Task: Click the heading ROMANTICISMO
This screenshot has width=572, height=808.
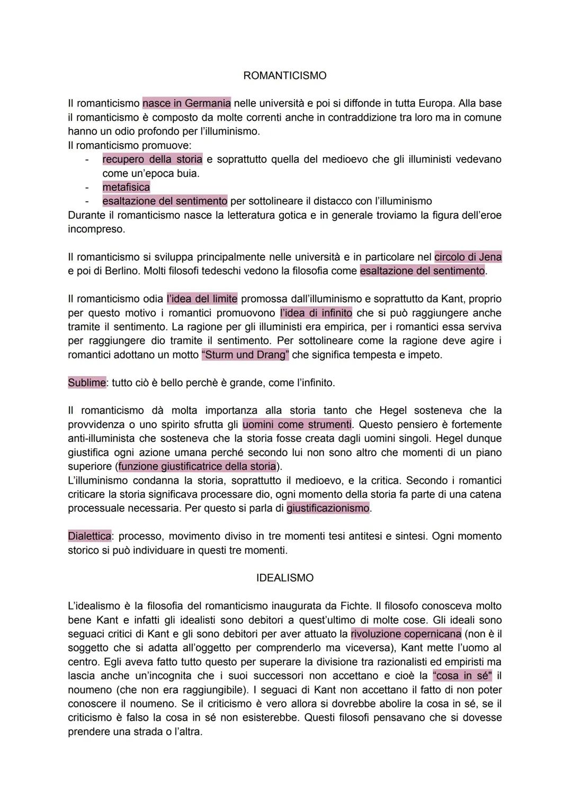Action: click(x=284, y=76)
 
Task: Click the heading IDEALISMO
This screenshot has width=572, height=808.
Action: click(x=284, y=578)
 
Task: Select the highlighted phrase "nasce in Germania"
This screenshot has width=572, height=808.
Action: click(x=186, y=103)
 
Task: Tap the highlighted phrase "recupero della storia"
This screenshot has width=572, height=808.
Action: click(x=152, y=159)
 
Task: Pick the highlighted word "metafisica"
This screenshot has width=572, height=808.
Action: click(x=126, y=187)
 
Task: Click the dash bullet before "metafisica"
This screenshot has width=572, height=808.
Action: click(x=86, y=187)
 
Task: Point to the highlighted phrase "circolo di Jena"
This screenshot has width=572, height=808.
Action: click(x=468, y=257)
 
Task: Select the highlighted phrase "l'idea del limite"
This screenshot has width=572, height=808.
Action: click(x=202, y=299)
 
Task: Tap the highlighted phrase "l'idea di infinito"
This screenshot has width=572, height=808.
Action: click(x=316, y=313)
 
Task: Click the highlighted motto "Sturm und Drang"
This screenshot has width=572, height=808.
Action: click(x=245, y=355)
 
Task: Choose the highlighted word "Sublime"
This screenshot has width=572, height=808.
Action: click(x=87, y=383)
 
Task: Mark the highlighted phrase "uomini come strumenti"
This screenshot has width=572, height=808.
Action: click(x=297, y=424)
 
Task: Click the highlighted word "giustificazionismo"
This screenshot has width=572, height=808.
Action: click(x=328, y=508)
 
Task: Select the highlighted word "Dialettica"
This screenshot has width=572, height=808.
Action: click(x=90, y=536)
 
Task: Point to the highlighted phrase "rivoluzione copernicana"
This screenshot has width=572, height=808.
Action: click(x=406, y=634)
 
